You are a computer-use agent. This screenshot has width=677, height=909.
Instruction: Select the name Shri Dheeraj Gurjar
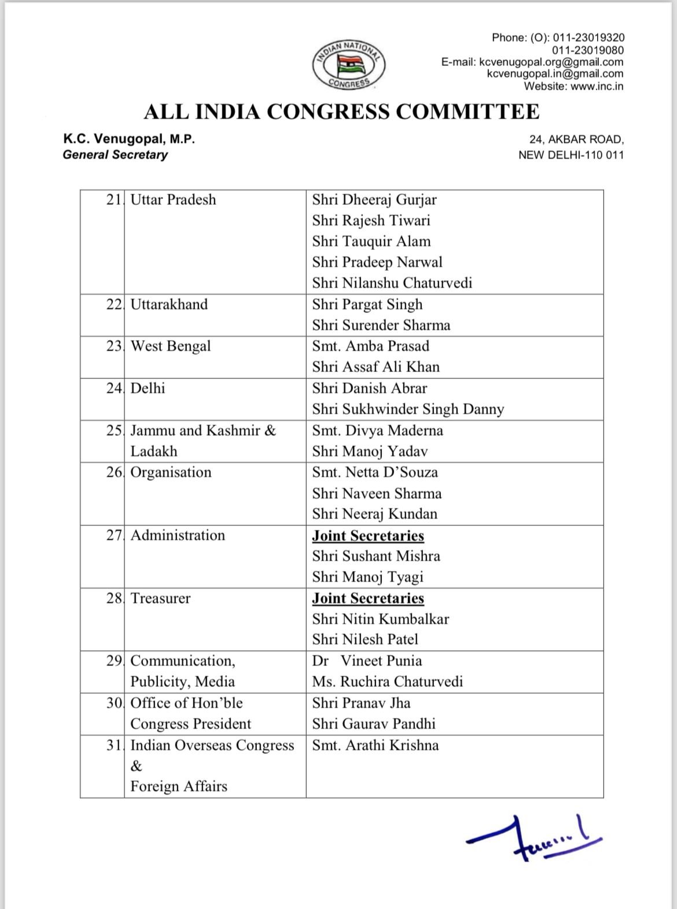[374, 200]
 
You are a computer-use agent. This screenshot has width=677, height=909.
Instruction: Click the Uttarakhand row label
[169, 304]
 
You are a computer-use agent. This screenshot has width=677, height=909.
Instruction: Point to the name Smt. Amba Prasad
[371, 346]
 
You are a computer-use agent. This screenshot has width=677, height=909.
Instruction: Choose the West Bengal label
[171, 346]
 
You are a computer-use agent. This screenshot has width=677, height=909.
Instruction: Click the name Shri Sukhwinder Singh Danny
[408, 409]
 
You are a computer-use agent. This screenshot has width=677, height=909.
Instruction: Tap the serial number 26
[114, 472]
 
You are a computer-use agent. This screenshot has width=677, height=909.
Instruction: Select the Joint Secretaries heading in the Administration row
[368, 536]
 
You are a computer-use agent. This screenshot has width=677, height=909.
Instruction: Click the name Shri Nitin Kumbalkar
[381, 619]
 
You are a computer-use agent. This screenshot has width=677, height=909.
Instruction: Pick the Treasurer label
[160, 598]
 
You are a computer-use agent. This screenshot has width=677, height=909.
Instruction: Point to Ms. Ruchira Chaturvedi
[388, 682]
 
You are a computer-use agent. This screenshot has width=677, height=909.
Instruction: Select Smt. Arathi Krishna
[376, 745]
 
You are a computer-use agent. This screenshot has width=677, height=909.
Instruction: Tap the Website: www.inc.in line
[573, 86]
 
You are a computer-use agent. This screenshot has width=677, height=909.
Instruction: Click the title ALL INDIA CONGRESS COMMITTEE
[341, 111]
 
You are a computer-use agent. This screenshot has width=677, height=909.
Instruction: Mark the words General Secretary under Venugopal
[115, 154]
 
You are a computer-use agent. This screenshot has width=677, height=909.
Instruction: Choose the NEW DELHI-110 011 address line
[571, 154]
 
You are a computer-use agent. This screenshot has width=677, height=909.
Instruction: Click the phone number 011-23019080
[588, 50]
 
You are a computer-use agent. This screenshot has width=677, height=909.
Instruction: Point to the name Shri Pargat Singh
[367, 304]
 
